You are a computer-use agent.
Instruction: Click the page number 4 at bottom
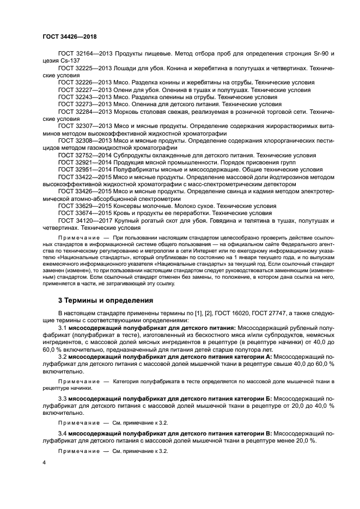click(x=44, y=462)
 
